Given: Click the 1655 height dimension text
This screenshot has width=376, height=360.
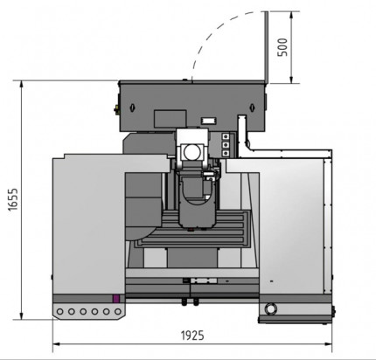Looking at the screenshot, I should (x=10, y=200).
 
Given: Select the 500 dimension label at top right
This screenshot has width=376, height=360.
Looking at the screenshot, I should (x=282, y=46).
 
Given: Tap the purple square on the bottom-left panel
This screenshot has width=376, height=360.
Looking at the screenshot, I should (x=115, y=309).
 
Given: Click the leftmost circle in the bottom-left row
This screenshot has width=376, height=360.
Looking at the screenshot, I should (x=60, y=310).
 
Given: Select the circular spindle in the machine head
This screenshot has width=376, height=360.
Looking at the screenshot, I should (x=191, y=153).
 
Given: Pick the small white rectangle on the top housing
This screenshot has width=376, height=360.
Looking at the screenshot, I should (x=210, y=119).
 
